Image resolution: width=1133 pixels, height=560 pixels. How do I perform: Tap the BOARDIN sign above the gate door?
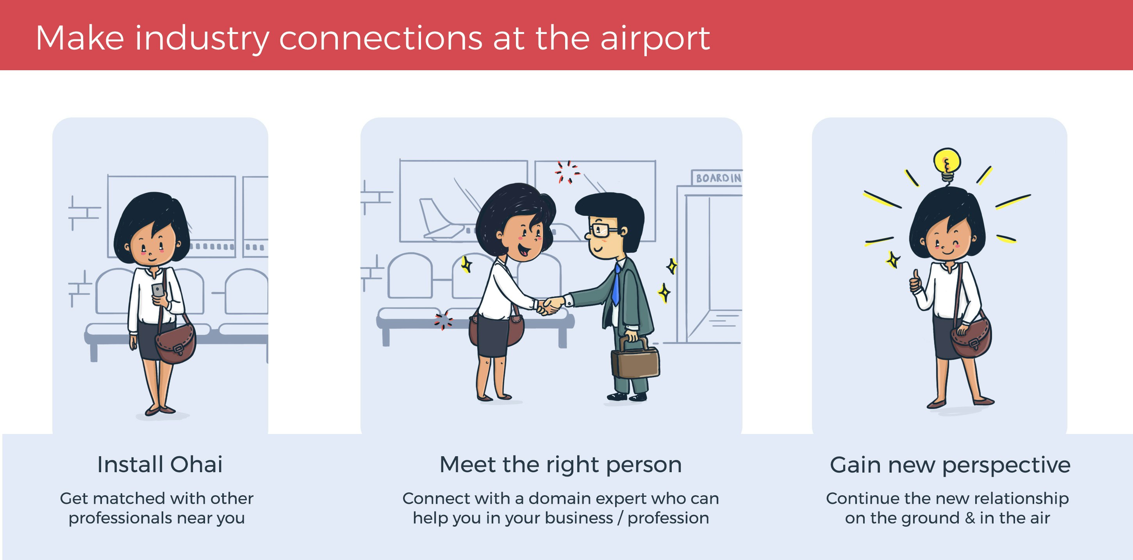(x=718, y=178)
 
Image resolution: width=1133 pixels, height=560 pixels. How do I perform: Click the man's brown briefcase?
(x=635, y=361)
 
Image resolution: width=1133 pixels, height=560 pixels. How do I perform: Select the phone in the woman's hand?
(x=157, y=290)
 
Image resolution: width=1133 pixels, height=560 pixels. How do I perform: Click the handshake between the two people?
(x=550, y=305)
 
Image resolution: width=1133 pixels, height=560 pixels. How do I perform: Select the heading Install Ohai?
(x=160, y=465)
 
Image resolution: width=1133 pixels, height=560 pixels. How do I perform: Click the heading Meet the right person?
(x=560, y=465)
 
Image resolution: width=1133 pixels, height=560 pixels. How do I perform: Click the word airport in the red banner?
(x=655, y=39)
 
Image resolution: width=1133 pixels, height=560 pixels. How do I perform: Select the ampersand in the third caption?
(x=970, y=518)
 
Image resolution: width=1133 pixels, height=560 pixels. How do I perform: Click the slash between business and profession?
(x=620, y=518)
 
